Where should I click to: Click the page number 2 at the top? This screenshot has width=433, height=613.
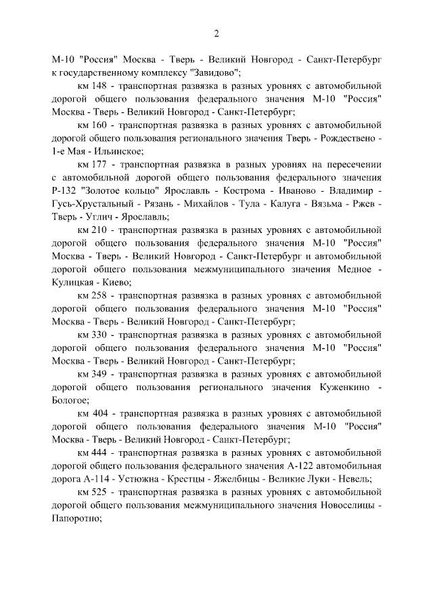click(216, 34)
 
